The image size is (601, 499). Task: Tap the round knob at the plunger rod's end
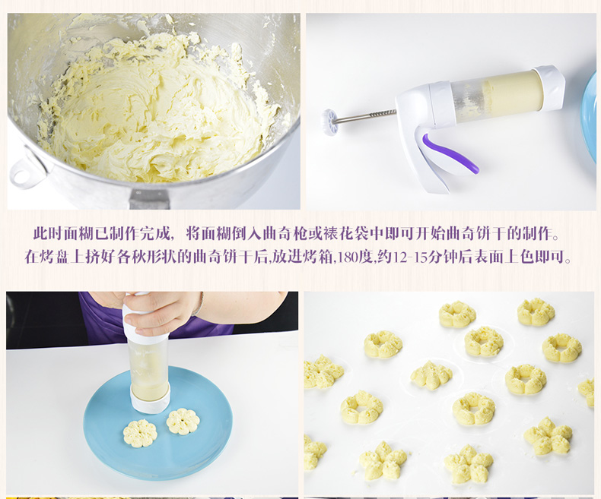(x=329, y=122)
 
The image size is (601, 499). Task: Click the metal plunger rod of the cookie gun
(x=364, y=116)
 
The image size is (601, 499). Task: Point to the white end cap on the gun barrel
(x=549, y=88)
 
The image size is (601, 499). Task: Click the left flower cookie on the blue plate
(x=139, y=433)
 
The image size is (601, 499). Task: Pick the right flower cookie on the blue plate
(x=183, y=421)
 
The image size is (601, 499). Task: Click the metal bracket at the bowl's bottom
(x=150, y=199)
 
